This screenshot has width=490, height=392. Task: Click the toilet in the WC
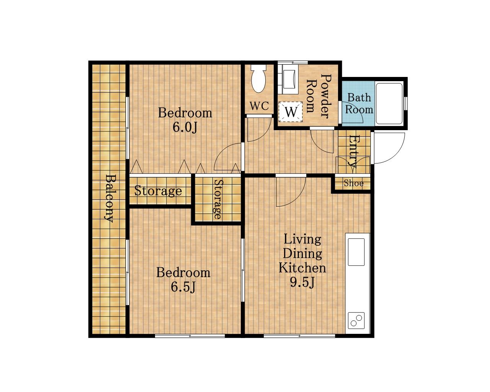(x=258, y=78)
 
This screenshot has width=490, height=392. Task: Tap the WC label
(x=259, y=106)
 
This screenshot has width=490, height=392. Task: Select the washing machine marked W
(x=291, y=112)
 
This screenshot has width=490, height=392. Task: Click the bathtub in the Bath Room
(x=389, y=104)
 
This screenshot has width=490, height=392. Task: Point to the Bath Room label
(x=359, y=104)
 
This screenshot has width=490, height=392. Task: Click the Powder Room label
(x=318, y=96)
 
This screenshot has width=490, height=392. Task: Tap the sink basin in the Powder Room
(x=289, y=79)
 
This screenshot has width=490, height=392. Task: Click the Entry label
(x=353, y=151)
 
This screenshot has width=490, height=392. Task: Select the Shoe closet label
(x=354, y=183)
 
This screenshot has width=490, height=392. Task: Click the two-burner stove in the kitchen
(x=356, y=320)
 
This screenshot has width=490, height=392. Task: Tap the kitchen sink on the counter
(x=356, y=252)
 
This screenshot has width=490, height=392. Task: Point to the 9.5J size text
(x=302, y=283)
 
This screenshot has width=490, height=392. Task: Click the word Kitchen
(x=302, y=268)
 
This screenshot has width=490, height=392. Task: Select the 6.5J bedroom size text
(x=183, y=287)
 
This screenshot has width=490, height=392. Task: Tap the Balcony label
(x=110, y=198)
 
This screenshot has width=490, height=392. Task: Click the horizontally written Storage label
(x=158, y=191)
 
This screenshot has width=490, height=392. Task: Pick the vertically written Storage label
(x=218, y=199)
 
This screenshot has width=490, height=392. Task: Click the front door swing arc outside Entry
(x=397, y=155)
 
